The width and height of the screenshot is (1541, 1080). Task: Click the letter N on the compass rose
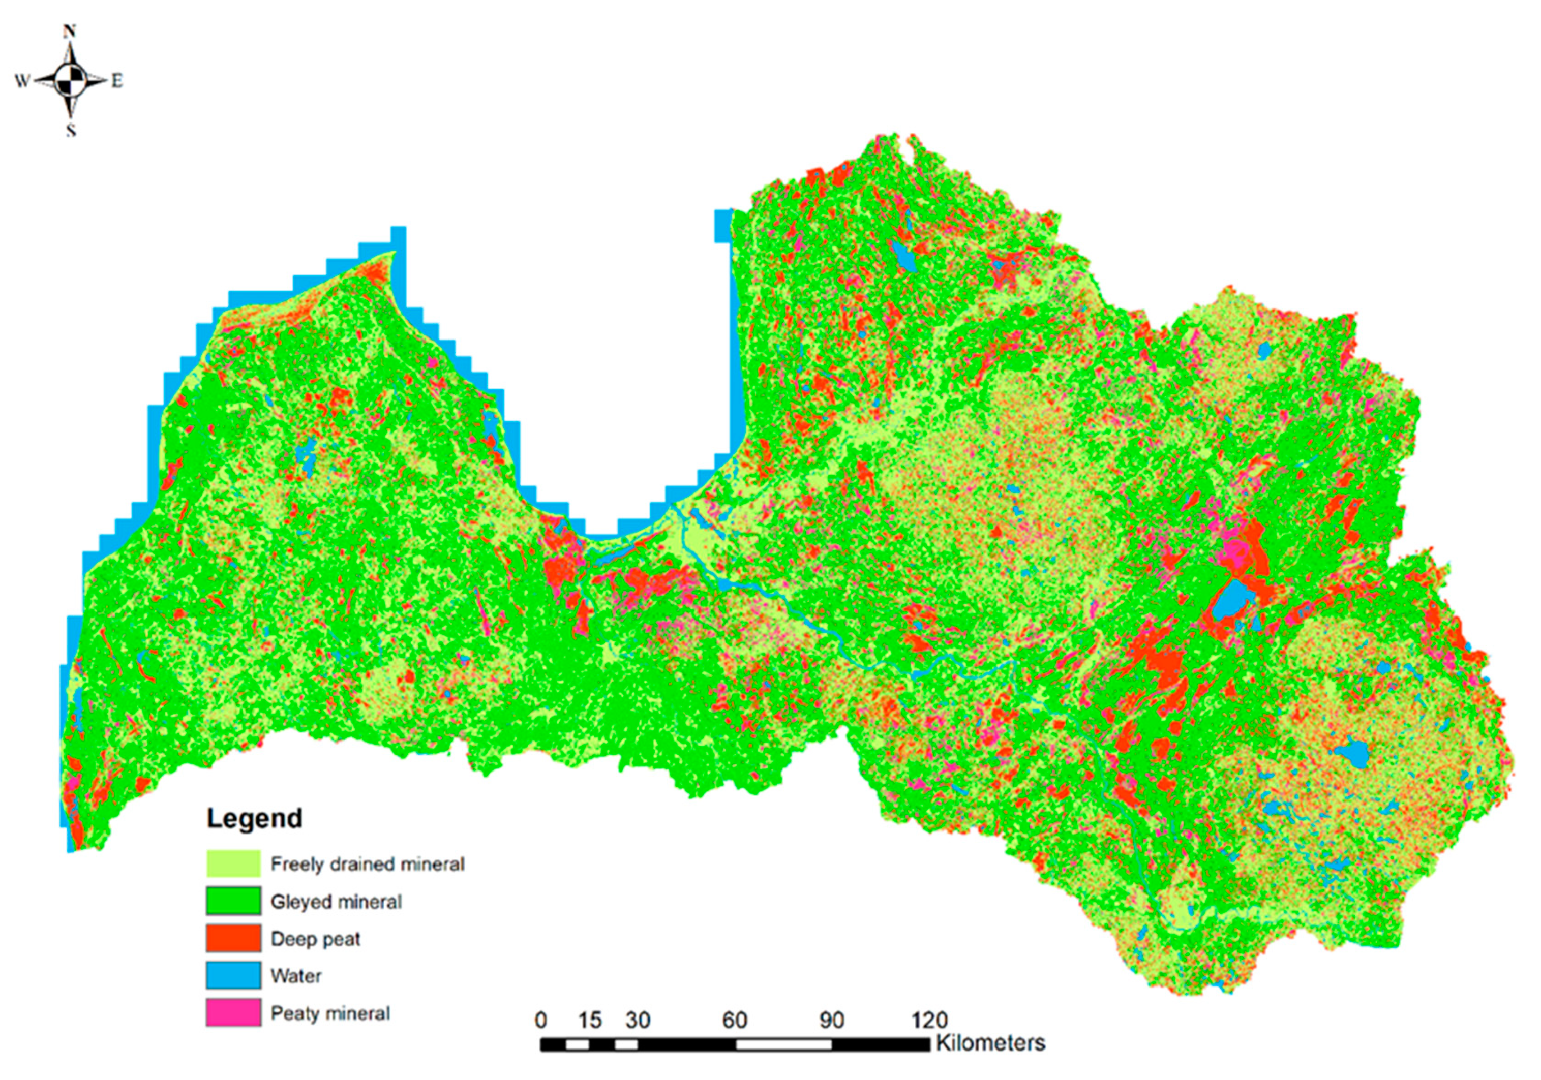(x=70, y=31)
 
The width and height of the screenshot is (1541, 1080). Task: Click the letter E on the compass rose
(x=117, y=81)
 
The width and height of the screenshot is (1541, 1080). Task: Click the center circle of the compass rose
(x=71, y=80)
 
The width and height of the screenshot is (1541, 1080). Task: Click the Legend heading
(x=254, y=818)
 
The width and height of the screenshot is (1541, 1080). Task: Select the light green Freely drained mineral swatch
(x=233, y=863)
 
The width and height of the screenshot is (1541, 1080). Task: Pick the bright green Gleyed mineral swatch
(x=233, y=901)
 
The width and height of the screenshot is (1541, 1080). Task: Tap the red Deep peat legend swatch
(x=233, y=938)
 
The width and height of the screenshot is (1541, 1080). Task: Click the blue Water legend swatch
(x=233, y=975)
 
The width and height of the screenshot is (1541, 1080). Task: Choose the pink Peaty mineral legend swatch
(x=233, y=1012)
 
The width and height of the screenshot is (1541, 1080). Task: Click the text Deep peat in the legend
(x=315, y=939)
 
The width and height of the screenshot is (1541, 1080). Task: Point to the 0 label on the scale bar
(x=541, y=1021)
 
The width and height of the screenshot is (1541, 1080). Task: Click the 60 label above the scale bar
(x=734, y=1021)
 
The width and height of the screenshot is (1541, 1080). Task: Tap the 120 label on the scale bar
(x=929, y=1021)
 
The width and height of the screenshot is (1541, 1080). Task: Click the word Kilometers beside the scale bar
(x=990, y=1043)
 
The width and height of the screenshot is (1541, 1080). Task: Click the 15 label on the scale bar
(x=589, y=1021)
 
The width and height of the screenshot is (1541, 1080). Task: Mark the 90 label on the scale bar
(x=831, y=1021)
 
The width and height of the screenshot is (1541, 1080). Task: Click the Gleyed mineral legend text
(x=336, y=902)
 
